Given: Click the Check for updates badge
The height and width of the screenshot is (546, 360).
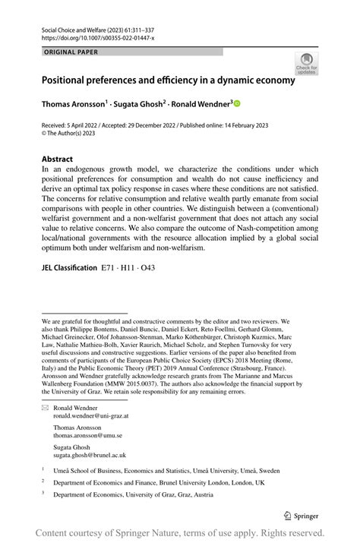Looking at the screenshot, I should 306,63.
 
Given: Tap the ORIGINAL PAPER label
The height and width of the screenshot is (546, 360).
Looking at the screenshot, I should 71,52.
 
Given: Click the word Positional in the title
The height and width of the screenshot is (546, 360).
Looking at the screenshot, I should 71,78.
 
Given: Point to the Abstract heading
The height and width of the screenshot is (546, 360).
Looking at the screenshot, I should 57,160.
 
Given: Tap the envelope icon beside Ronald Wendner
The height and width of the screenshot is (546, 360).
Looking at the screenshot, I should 45,408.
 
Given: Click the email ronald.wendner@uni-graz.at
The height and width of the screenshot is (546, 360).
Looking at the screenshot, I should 91,416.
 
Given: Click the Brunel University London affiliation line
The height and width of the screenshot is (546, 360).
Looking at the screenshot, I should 159,482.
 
